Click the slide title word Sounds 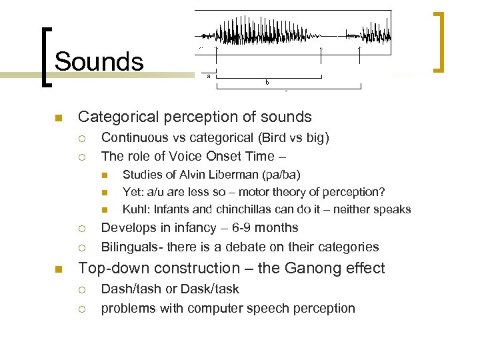coord(99,62)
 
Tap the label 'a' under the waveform coord(209,76)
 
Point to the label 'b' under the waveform coord(267,83)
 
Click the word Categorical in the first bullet coord(115,117)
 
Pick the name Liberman coord(233,175)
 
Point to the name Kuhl coord(135,209)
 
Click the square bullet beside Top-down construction coord(58,269)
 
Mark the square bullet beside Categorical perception coord(58,118)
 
